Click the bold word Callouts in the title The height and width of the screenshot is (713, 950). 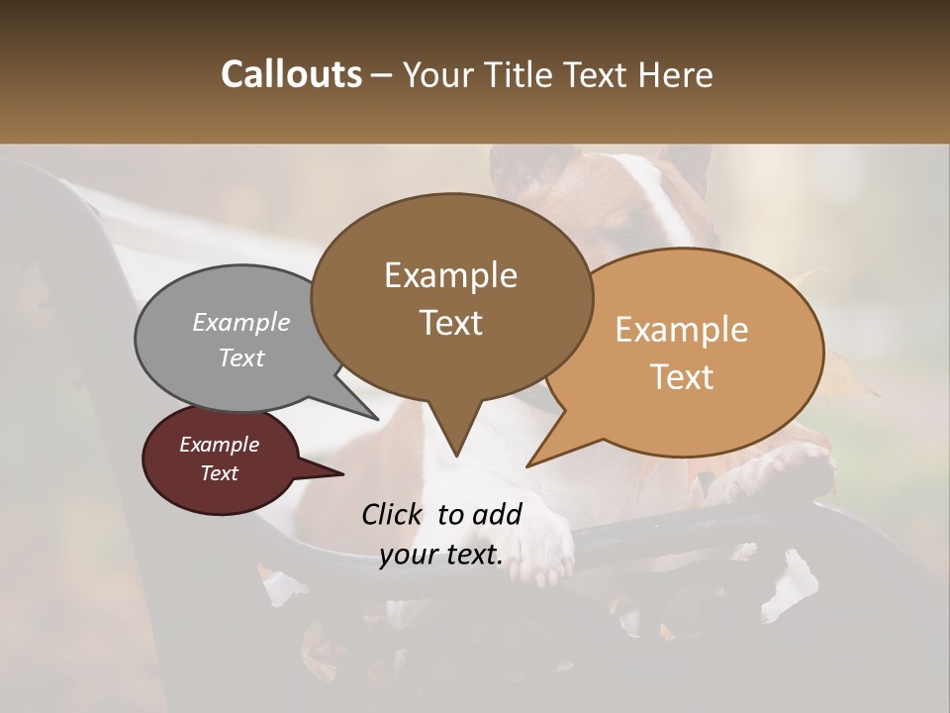(x=291, y=75)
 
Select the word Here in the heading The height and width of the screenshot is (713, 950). (x=678, y=75)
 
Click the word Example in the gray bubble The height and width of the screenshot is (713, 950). (x=241, y=322)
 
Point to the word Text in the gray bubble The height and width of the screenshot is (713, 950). (x=241, y=357)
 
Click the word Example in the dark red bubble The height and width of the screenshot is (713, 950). (x=219, y=445)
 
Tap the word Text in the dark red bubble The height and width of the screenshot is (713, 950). (x=219, y=473)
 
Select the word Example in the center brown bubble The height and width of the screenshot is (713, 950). (x=450, y=275)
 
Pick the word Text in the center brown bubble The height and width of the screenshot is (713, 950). (x=450, y=323)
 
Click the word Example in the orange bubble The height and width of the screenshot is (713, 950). (x=682, y=330)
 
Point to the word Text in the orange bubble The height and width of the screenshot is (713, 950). (x=682, y=377)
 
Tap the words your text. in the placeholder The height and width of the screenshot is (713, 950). (x=441, y=555)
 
